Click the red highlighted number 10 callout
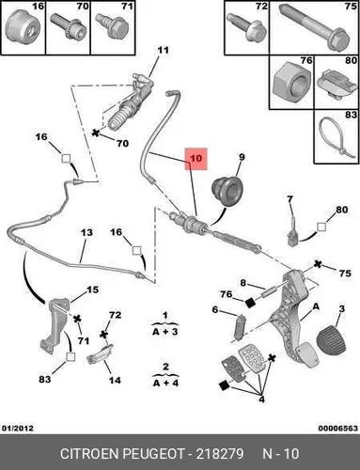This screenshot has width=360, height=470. coord(196,159)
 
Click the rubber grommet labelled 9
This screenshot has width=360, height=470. coord(227,191)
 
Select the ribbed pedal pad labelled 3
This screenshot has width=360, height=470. coord(332,340)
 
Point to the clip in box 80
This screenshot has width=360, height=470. coord(337,85)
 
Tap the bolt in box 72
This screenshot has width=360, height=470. coord(247,27)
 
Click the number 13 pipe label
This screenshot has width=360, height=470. coord(86,232)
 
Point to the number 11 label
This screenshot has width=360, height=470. coord(163,50)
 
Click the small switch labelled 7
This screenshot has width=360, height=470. coord(292,232)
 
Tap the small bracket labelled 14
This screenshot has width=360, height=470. coord(100,355)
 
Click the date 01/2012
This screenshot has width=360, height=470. coord(18,428)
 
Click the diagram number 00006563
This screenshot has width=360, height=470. coord(338,428)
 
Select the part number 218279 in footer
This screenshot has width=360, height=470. coord(220,454)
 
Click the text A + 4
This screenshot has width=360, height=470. coord(165,383)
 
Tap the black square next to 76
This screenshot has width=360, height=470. coord(250,303)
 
